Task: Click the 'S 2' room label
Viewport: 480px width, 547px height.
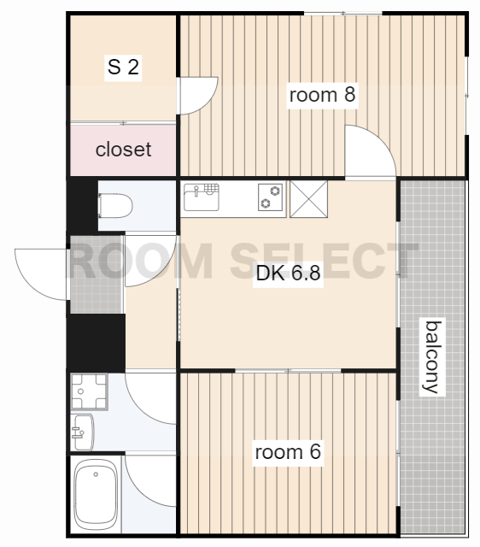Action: coord(123,67)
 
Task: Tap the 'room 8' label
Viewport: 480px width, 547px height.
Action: coord(323,95)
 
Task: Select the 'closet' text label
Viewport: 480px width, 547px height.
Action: coord(123,150)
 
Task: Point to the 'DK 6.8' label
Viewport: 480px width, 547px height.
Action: coord(288,273)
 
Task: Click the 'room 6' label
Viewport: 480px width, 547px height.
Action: coord(288,452)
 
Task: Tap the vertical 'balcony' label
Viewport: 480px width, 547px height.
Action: coord(432,357)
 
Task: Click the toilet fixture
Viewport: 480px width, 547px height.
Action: coord(115,206)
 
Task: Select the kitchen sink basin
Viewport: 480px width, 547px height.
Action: coord(202,197)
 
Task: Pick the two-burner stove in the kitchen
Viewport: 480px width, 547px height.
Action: coord(271,197)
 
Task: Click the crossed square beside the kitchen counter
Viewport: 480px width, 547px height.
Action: coord(309,199)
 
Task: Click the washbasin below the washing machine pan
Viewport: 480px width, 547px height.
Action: coord(83,432)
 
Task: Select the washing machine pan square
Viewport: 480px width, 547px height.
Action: coord(89,391)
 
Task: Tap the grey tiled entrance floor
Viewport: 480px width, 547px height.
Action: coord(97,275)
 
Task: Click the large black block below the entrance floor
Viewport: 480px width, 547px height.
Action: coord(97,343)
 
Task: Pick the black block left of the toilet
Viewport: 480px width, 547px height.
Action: coord(83,206)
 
